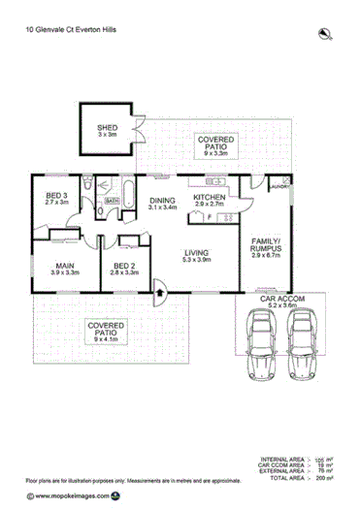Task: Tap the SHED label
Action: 107,133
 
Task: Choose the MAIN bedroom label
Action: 66,269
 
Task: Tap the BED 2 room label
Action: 125,269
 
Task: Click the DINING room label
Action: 162,202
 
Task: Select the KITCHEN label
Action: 209,202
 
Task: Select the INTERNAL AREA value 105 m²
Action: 320,459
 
